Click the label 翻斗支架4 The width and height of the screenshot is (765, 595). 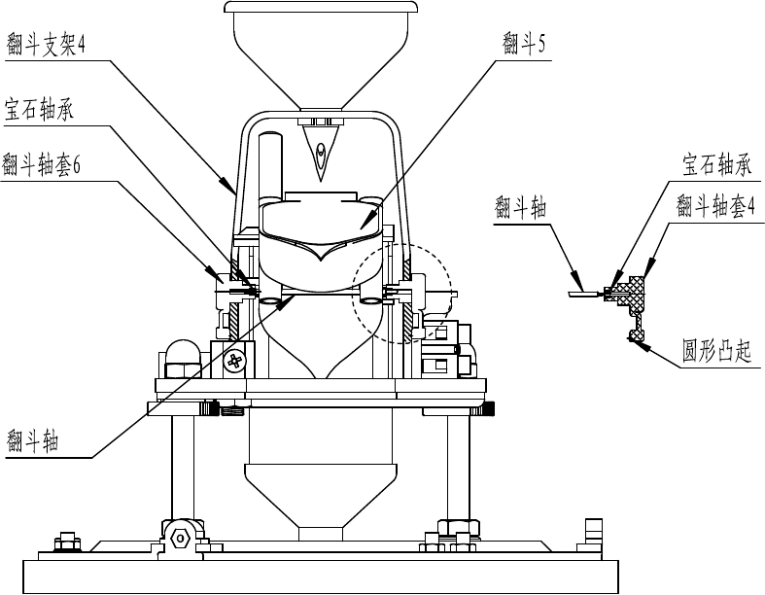46,45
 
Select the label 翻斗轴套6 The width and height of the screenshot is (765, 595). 41,164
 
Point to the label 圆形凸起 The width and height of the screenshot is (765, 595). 716,350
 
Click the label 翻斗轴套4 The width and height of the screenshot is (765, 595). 715,205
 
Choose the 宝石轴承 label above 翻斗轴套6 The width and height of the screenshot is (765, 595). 39,109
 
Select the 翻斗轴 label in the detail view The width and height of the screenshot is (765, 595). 521,207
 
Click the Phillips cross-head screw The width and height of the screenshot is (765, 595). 234,362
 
